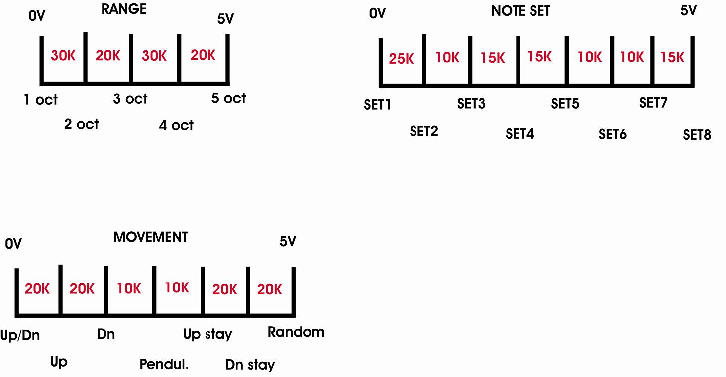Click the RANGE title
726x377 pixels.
[x=124, y=9]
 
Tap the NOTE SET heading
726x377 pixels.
[x=520, y=11]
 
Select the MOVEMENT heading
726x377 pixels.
[x=151, y=237]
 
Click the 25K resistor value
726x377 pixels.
[x=402, y=59]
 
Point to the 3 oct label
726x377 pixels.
[x=130, y=99]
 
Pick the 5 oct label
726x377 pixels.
[x=228, y=98]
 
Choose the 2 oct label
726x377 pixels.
[x=81, y=124]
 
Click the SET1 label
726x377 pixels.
[x=377, y=105]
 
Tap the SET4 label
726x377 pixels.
[x=519, y=134]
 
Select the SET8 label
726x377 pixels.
[x=697, y=135]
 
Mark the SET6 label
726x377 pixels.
[x=613, y=134]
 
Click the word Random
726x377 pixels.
[x=296, y=332]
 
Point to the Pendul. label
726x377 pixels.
[x=164, y=364]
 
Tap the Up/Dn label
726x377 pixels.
[x=20, y=336]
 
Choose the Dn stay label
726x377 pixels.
[x=250, y=365]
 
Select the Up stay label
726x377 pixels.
[x=207, y=334]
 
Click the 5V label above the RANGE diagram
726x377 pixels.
[x=225, y=19]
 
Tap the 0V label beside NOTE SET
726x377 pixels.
[x=377, y=13]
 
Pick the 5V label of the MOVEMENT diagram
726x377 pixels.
[x=288, y=242]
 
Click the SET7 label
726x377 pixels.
[x=653, y=103]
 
